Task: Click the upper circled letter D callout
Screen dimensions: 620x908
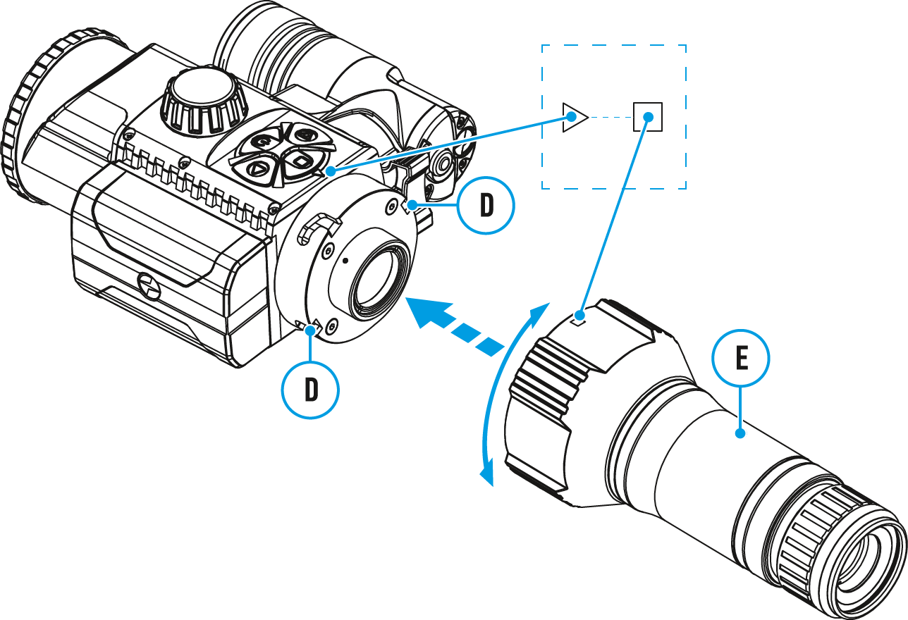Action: point(486,205)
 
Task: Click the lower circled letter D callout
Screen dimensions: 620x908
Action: point(310,390)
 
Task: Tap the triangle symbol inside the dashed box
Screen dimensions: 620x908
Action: point(575,117)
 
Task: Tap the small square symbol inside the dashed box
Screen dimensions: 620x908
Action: point(648,117)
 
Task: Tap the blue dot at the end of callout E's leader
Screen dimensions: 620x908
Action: point(740,433)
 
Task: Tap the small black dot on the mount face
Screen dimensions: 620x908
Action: point(345,260)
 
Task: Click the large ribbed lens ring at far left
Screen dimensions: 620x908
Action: point(28,120)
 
